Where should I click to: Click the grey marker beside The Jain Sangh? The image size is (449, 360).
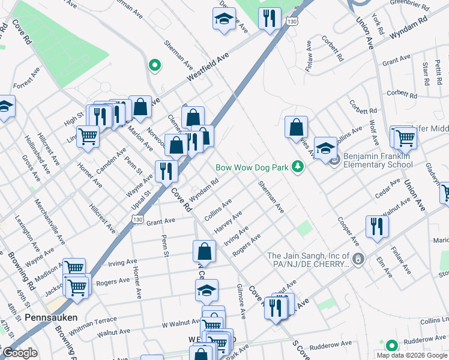[x=358, y=259]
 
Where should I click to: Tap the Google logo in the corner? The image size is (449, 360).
[x=19, y=353]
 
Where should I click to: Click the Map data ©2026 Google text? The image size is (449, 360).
[x=411, y=355]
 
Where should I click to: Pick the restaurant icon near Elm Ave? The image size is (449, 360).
[x=377, y=227]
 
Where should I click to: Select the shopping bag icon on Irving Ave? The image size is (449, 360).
[x=205, y=251]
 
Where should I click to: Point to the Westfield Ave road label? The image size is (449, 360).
[x=208, y=67]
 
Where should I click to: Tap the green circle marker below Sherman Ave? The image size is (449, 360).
[x=155, y=65]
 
